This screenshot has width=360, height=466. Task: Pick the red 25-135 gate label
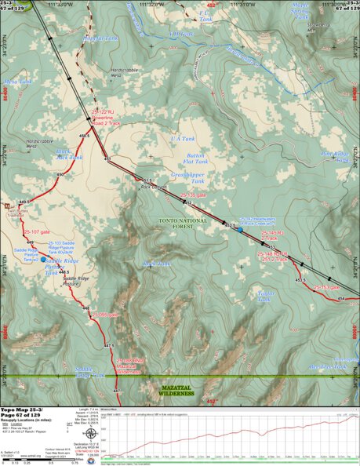[x=194, y=194]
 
